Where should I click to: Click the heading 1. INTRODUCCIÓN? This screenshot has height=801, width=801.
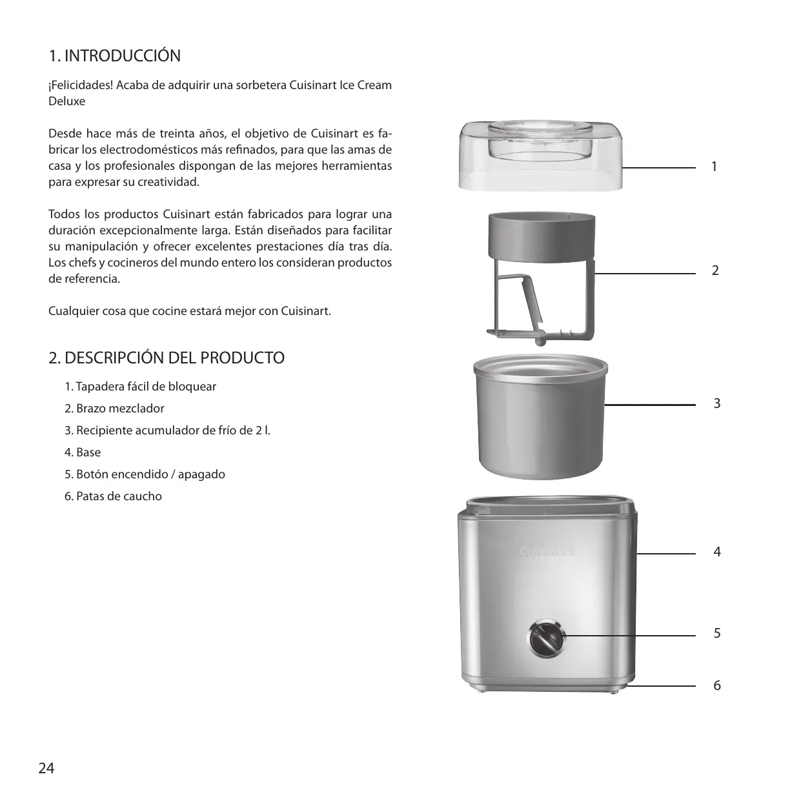point(115,56)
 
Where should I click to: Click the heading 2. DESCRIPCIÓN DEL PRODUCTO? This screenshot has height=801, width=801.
point(167,358)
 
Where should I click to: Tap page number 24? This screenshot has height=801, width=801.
point(46,768)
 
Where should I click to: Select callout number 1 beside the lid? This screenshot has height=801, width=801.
point(714,167)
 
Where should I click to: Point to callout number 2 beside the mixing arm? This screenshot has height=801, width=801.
point(715,270)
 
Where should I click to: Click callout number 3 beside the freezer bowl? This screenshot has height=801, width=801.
point(716,404)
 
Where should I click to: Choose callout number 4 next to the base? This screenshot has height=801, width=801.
point(716,552)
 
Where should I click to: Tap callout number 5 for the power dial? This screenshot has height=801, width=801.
point(716,634)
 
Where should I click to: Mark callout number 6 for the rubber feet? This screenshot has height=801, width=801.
point(716,685)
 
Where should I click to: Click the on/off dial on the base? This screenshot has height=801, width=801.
point(547,638)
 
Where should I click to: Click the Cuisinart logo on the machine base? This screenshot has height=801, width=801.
point(547,552)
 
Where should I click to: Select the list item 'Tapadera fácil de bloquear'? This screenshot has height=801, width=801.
point(141,387)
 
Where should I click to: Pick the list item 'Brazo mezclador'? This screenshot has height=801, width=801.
point(115,409)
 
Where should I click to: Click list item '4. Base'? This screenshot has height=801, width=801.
point(83,452)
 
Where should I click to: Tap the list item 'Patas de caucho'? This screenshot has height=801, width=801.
point(114,496)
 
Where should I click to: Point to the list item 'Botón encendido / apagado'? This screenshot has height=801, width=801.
point(145,474)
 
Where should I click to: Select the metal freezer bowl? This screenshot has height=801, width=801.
point(540,420)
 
